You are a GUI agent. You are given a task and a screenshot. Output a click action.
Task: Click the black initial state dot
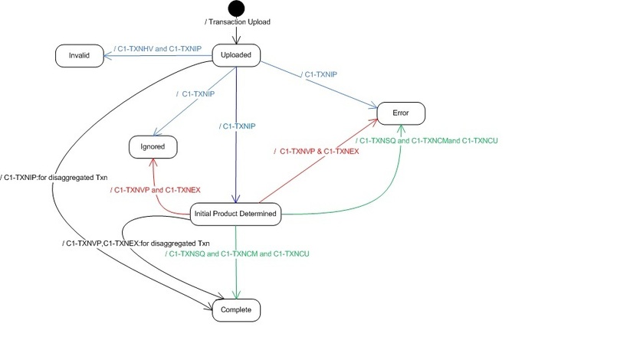coord(237,8)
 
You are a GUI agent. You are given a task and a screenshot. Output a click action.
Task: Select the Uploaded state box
coord(236,54)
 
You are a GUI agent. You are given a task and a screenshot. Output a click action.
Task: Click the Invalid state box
coord(79,55)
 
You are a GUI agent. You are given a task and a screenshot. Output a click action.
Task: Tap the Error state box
coord(400,113)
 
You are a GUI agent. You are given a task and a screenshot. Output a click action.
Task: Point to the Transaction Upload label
coord(238,21)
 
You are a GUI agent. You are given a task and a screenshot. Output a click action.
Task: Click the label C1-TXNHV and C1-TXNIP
coord(157,49)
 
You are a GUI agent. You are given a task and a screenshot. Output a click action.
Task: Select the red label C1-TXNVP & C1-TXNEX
coord(316,152)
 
